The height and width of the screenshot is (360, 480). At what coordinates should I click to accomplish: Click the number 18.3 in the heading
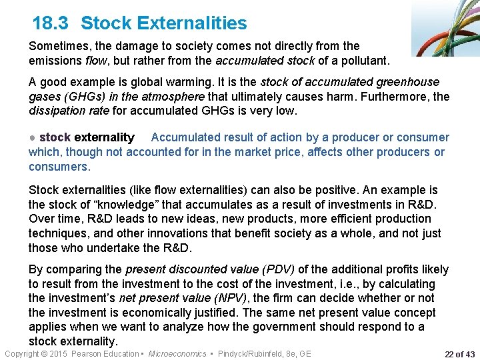(x=50, y=23)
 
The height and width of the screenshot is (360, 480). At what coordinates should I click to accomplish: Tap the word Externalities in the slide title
(x=192, y=23)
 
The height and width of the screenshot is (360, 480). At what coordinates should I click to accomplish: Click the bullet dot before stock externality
(x=33, y=138)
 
